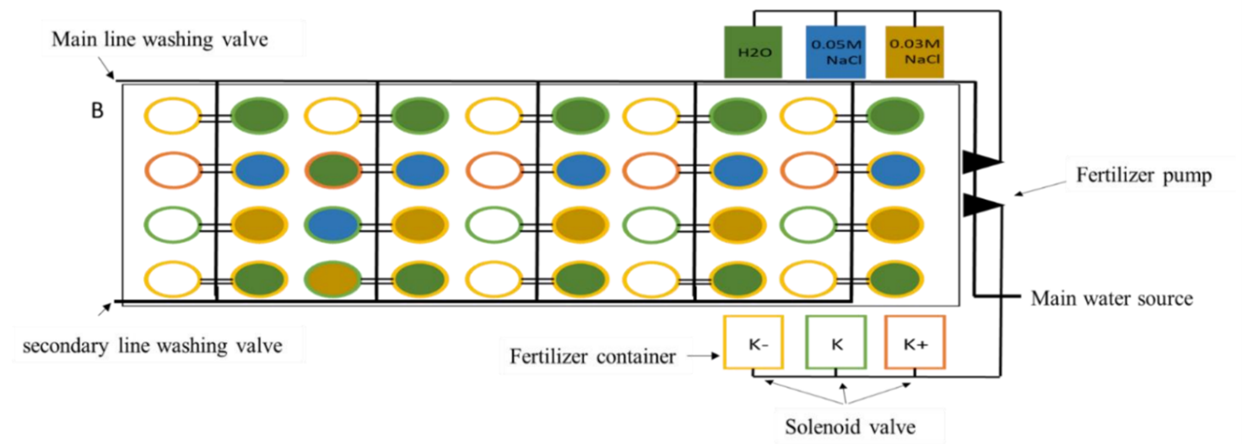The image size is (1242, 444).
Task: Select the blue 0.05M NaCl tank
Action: click(x=833, y=51)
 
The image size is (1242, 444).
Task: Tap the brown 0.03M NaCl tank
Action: click(x=914, y=51)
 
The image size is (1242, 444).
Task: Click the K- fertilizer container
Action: click(x=753, y=343)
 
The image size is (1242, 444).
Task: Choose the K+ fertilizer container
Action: click(x=915, y=343)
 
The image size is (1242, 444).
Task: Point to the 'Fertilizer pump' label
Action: click(x=1143, y=176)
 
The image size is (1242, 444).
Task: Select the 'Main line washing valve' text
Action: click(x=160, y=40)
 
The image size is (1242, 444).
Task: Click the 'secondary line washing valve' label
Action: click(x=151, y=345)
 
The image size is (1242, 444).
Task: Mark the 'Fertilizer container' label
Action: click(x=593, y=357)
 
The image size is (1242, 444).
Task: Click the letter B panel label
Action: click(x=98, y=111)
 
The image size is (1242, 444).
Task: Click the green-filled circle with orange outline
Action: click(x=332, y=169)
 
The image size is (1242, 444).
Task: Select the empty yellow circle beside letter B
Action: click(x=172, y=116)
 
